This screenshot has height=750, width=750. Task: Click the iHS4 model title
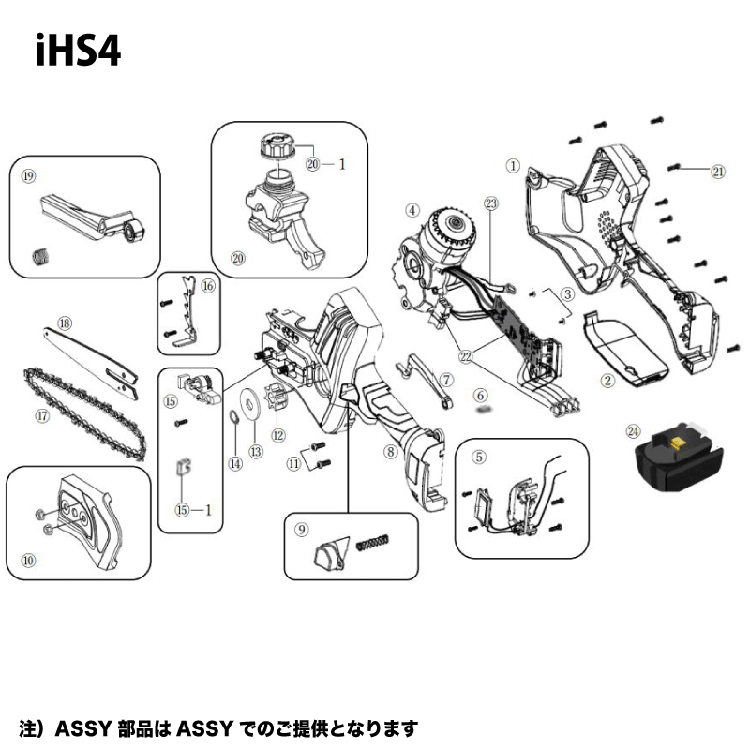pos(78,51)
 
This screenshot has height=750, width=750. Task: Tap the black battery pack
pos(678,457)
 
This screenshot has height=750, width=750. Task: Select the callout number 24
pos(633,431)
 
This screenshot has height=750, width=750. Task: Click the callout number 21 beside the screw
pos(718,172)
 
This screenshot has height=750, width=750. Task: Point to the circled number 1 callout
pos(513,166)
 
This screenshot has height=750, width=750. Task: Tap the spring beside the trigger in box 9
pos(373,543)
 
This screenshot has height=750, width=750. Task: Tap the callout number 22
pos(465,356)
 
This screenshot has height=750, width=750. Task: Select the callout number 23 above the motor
pos(491,203)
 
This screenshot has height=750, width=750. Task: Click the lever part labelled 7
pos(425,381)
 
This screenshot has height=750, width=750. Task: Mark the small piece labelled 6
pos(484,410)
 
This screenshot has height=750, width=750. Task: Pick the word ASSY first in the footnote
pos(83,729)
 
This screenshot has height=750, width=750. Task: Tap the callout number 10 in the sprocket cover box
pos(28,560)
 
